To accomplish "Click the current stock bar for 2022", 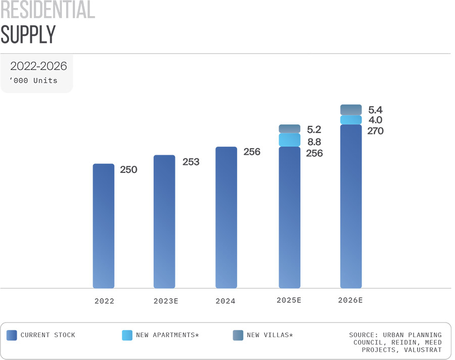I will (x=104, y=226).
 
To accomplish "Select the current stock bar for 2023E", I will (x=164, y=221).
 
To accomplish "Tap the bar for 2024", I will (x=226, y=217).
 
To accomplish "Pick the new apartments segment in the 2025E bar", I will (x=290, y=140).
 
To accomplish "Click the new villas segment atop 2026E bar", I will (x=351, y=109).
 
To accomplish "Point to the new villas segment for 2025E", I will (x=290, y=128).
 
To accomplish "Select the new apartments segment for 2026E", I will (x=351, y=120).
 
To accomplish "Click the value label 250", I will (x=128, y=170).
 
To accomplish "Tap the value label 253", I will (x=191, y=162).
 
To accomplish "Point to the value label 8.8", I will (x=314, y=142).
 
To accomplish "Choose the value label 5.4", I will (x=376, y=109).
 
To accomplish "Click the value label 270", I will (x=375, y=131).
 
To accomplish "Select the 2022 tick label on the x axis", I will (x=104, y=301).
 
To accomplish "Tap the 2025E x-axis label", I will (x=289, y=300).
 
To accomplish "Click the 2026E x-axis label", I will (x=350, y=300).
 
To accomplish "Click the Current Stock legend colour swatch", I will (x=12, y=335).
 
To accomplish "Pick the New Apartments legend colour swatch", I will (x=127, y=335).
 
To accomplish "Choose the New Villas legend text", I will (x=269, y=335).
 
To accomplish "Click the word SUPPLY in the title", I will (x=28, y=34).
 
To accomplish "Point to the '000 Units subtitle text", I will (x=33, y=80).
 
